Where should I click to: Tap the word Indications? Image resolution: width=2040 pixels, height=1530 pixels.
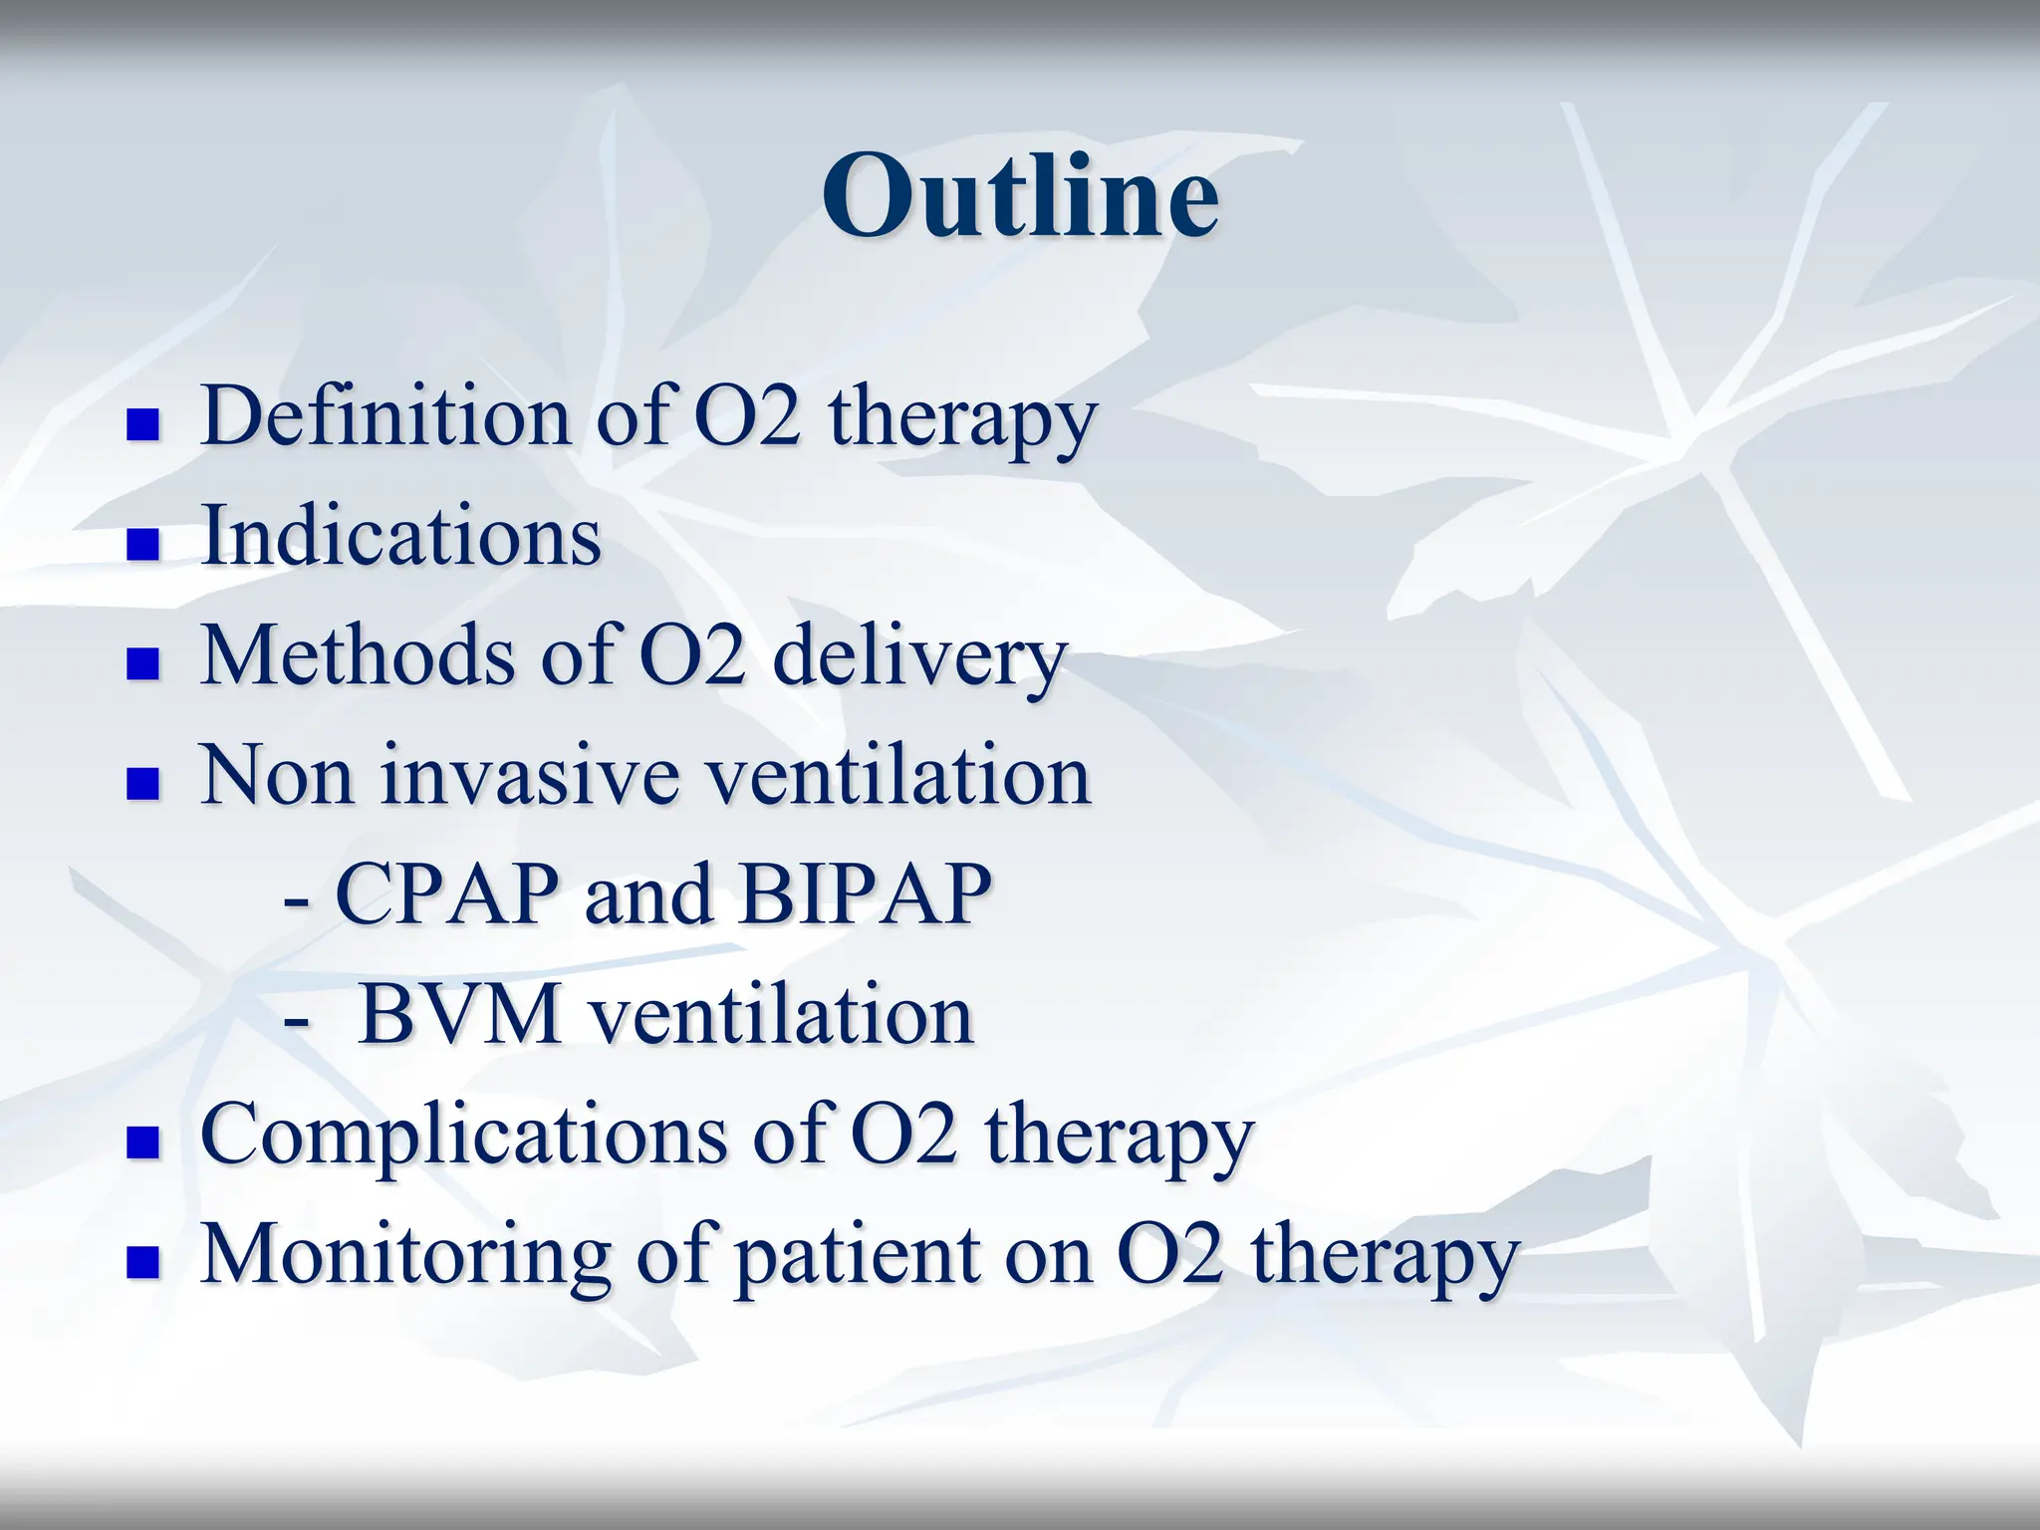[x=400, y=536]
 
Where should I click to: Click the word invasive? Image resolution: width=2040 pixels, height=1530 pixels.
[x=529, y=777]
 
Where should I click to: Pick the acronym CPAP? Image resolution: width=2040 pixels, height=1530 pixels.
[x=445, y=894]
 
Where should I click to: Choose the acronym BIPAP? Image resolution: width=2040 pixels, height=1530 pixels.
[x=865, y=894]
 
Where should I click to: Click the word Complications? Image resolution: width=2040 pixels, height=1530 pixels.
[x=463, y=1136]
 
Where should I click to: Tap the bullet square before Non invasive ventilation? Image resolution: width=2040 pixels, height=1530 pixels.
[x=143, y=784]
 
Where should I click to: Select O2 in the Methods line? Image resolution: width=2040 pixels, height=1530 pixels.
[x=691, y=656]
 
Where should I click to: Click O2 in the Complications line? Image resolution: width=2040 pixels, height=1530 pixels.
[x=904, y=1136]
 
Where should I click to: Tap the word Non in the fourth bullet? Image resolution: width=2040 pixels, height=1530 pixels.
[x=277, y=777]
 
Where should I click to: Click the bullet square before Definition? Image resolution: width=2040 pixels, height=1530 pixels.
[x=143, y=425]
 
